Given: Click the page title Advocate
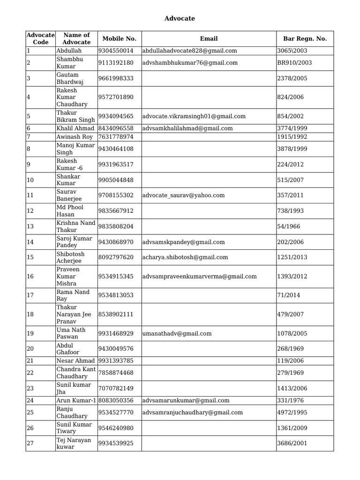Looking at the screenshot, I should click(x=180, y=18).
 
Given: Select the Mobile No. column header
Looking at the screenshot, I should click(x=119, y=39).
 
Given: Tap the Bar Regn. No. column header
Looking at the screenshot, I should click(x=305, y=39).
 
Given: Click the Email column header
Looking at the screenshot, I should click(x=209, y=39).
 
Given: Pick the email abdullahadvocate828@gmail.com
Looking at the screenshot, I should click(x=189, y=51).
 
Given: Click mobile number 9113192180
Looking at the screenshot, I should click(x=116, y=63).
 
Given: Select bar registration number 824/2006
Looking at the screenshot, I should click(x=291, y=97).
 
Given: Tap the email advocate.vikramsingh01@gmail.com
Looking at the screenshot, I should click(x=194, y=116).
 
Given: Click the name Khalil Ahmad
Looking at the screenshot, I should click(x=75, y=128).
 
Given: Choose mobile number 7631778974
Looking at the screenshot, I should click(x=116, y=137).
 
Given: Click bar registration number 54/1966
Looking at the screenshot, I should click(x=289, y=226).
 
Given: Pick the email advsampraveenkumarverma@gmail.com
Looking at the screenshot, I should click(x=200, y=277).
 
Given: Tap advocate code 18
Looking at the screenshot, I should click(x=30, y=314).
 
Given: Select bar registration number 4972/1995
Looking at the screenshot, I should click(x=292, y=412).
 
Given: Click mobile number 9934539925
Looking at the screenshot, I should click(x=116, y=443).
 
